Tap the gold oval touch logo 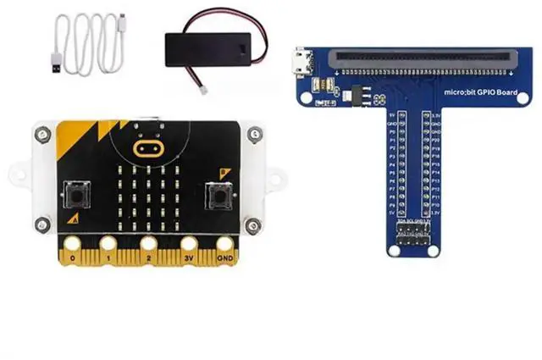149,149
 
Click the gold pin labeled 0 74,251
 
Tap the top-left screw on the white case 40,132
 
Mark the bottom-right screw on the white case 252,224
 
